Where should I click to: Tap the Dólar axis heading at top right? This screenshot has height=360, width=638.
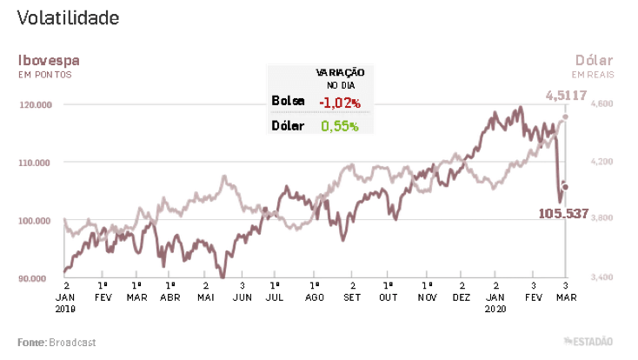point(594,60)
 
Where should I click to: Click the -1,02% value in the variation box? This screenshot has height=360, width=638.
point(340,102)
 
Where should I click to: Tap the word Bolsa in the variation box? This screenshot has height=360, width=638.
point(289,102)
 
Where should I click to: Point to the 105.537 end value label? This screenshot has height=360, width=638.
point(563,213)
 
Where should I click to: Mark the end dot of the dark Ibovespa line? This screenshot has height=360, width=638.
point(565,187)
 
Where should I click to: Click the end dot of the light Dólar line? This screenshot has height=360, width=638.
point(565,116)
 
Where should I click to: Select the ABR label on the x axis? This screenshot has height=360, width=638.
point(171,297)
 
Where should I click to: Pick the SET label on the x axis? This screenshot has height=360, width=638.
point(352,297)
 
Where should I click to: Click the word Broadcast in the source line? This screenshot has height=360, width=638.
point(72,343)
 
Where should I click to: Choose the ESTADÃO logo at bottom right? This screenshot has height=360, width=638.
point(592,341)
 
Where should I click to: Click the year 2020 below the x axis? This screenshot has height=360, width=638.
point(495,308)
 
